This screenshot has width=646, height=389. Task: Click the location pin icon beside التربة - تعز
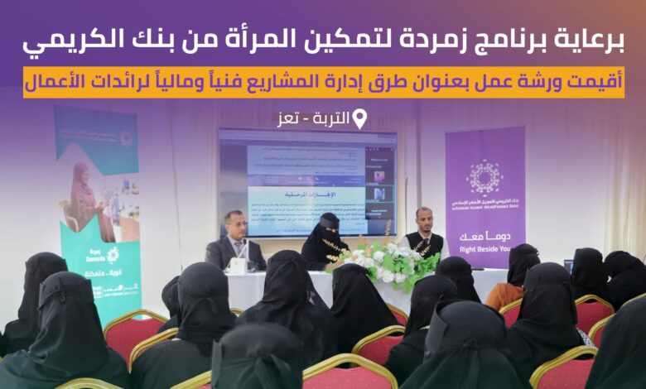359,120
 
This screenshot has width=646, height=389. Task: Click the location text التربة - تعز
315,120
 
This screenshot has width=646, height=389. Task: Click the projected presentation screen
306,180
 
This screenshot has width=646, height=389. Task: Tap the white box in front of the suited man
238,266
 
